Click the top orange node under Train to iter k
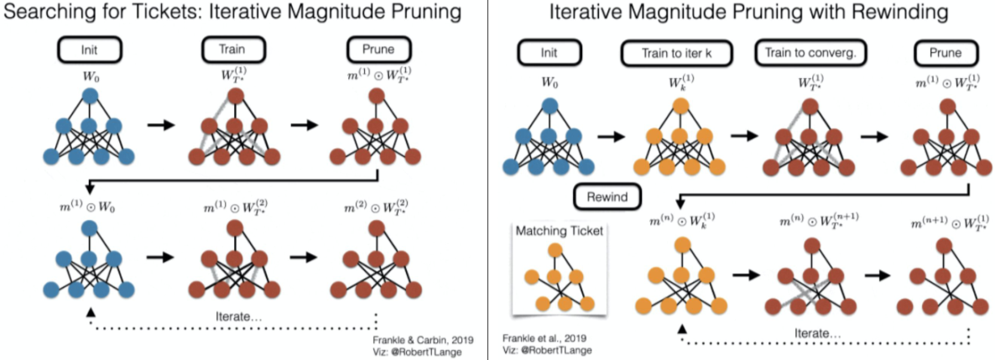[680, 107]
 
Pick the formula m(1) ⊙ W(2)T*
[237, 206]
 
